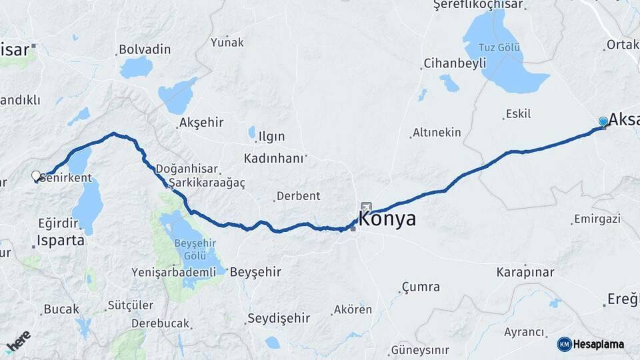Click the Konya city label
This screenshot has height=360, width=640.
(387, 219)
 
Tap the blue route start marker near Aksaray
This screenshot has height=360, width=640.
(603, 121)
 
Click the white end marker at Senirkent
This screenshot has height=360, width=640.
(36, 176)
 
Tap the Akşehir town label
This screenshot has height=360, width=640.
(201, 123)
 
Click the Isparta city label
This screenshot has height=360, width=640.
(61, 240)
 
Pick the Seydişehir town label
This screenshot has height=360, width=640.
(279, 318)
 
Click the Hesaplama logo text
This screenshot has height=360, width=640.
(599, 344)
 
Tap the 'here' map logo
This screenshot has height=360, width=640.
(18, 341)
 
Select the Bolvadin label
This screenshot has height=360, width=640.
(145, 49)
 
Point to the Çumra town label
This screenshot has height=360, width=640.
(421, 287)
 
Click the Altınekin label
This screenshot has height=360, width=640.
(437, 133)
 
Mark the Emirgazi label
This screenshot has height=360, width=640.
(596, 219)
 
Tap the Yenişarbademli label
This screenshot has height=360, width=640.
(174, 272)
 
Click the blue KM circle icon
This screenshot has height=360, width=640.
(565, 344)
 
